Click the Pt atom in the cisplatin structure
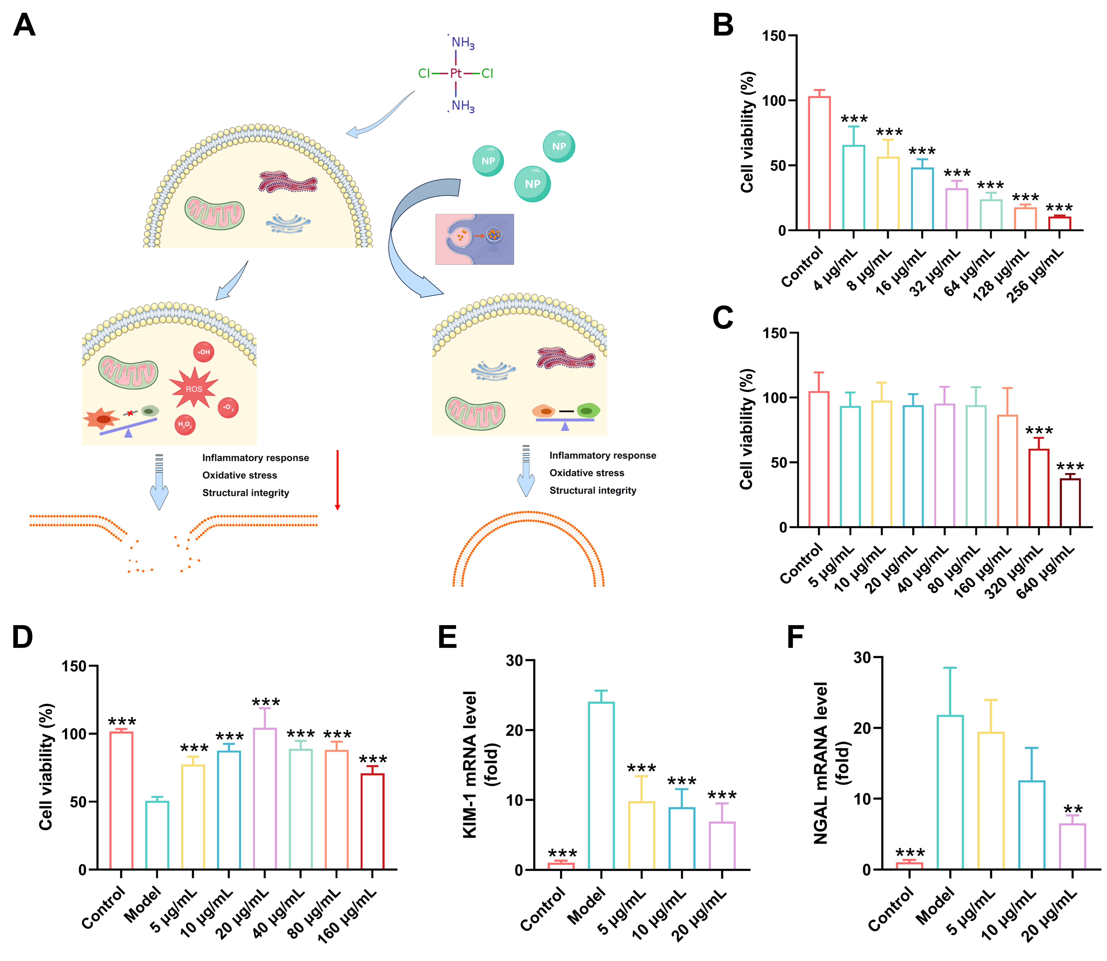pos(456,73)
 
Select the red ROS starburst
pos(194,388)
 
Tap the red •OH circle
pos(203,352)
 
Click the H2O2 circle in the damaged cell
pos(185,425)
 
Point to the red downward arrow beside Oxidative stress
pos(338,480)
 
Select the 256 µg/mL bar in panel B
pos(1059,223)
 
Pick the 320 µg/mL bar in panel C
pos(1039,488)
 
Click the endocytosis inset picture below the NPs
pos(474,239)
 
